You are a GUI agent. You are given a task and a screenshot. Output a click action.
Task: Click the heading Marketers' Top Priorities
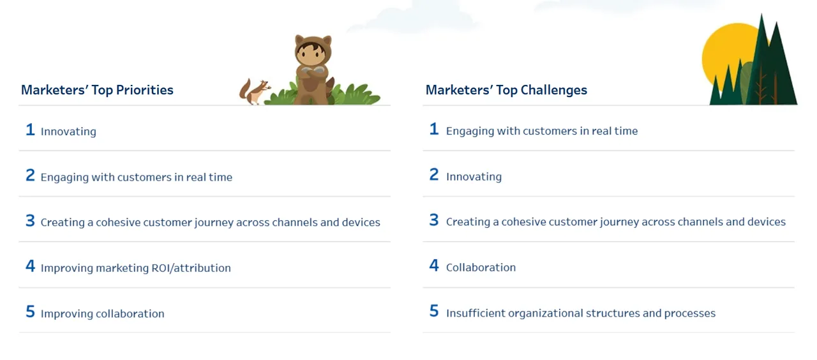pos(97,90)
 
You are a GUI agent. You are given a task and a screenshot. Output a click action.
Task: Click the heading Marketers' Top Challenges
pos(506,90)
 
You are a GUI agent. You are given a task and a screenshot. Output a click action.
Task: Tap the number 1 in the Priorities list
pos(30,130)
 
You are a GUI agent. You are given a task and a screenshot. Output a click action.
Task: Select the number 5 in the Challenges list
pos(434,311)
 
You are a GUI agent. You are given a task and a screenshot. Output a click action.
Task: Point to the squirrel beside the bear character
pos(255,91)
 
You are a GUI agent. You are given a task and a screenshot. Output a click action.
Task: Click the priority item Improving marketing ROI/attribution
pos(136,268)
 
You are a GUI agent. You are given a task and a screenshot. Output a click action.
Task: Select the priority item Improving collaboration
pos(103,313)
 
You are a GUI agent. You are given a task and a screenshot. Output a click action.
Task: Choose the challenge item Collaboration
pos(481,267)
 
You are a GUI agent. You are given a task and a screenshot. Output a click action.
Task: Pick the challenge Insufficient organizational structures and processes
pos(581,313)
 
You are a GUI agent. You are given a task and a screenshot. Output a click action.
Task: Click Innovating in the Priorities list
pos(68,131)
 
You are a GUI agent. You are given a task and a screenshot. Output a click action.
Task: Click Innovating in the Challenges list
pos(474,177)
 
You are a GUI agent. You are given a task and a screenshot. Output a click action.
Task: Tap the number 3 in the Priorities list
pos(30,221)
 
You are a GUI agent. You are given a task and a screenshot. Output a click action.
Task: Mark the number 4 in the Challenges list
pos(434,266)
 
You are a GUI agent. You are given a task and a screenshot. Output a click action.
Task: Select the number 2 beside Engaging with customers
pos(30,175)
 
